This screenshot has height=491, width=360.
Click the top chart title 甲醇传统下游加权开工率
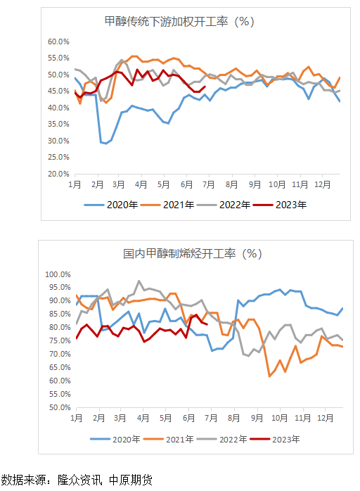point(179,21)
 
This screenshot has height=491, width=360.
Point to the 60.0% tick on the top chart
point(58,42)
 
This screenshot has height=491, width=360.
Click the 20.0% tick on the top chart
point(58,174)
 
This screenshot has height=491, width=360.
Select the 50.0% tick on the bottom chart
point(58,407)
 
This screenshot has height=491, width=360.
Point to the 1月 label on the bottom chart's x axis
point(76,418)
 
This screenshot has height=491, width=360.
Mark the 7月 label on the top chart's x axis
point(210,184)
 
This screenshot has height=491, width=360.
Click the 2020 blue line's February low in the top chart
point(105,144)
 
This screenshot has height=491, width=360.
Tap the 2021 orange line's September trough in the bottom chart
point(270,376)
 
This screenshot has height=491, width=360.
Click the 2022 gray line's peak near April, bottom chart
point(139,281)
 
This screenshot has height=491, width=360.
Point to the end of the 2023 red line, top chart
point(204,87)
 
